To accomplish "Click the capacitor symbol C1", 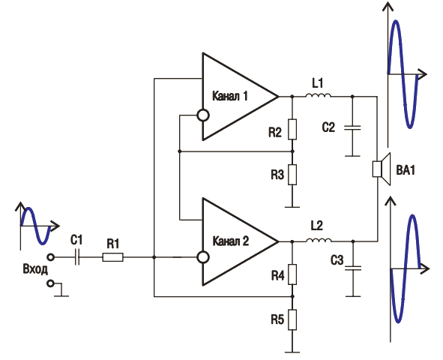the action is [77, 257].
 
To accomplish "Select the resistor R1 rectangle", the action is [112, 257].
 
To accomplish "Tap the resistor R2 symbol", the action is [292, 130].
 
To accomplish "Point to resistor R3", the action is [292, 175].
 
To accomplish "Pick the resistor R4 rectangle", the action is [292, 274].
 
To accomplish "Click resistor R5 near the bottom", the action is [292, 319].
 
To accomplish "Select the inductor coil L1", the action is [318, 95].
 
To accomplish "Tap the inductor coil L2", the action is [319, 240].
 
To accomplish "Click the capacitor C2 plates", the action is [352, 127].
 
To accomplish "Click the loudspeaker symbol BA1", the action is [382, 169].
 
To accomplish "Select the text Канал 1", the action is [229, 96].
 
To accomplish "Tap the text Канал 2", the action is [230, 241].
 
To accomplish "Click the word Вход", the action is [35, 269].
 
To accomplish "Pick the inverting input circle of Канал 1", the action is [203, 115].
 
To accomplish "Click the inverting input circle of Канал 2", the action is [203, 257].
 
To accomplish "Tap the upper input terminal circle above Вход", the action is [50, 257].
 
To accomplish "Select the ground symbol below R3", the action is [292, 207].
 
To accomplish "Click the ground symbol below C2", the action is [352, 156].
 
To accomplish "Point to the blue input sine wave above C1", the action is [36, 226].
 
